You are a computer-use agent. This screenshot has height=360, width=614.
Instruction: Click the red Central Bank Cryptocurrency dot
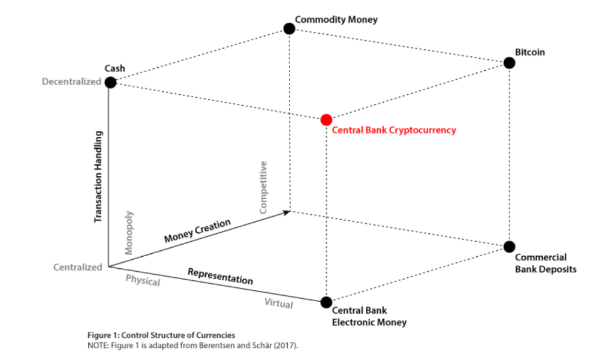pyautogui.click(x=326, y=119)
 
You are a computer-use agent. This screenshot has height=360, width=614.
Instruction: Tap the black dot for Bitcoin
pyautogui.click(x=509, y=63)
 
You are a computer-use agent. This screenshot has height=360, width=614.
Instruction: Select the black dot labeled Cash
pyautogui.click(x=110, y=82)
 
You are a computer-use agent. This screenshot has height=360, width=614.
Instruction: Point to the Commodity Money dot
pyautogui.click(x=289, y=28)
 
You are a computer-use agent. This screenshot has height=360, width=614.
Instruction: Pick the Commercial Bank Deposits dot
pyautogui.click(x=509, y=246)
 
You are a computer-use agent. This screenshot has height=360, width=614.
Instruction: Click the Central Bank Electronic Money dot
pyautogui.click(x=326, y=302)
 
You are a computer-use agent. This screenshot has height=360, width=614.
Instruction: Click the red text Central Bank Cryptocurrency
pyautogui.click(x=394, y=130)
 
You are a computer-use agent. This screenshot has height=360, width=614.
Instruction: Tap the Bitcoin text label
pyautogui.click(x=530, y=52)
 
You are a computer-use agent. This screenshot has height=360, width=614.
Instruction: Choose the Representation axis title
pyautogui.click(x=220, y=276)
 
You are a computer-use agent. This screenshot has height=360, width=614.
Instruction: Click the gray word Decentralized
pyautogui.click(x=71, y=82)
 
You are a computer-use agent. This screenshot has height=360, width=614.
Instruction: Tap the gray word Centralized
pyautogui.click(x=78, y=268)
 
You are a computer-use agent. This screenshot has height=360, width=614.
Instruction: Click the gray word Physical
pyautogui.click(x=143, y=280)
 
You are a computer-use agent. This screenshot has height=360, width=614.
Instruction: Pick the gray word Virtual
pyautogui.click(x=279, y=304)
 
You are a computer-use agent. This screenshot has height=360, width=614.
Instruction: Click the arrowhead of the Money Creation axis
pyautogui.click(x=287, y=211)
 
